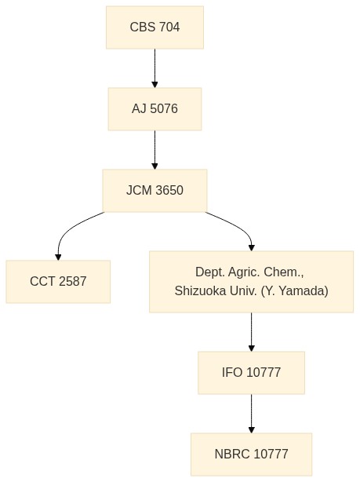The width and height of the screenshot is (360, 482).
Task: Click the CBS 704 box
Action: pos(155,27)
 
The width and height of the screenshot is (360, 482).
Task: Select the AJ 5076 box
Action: pos(155,109)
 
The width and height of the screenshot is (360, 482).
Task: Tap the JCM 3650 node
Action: pos(155,191)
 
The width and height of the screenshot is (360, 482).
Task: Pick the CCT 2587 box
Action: pos(58,282)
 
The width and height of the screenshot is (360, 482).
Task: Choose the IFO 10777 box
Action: pos(251,373)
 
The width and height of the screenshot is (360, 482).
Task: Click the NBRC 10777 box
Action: pos(251,455)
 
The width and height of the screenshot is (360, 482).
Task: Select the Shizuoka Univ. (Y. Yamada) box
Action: pos(251,282)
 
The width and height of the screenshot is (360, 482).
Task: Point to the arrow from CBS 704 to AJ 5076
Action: pos(155,68)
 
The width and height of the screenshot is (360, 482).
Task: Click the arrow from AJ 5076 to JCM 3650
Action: pos(155,150)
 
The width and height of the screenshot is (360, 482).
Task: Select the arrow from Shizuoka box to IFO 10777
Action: pos(251,332)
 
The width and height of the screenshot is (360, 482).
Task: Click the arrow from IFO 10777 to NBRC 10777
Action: pos(251,414)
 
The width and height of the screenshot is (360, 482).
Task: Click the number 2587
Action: pos(72,282)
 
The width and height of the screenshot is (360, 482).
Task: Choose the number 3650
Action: pos(169,191)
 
